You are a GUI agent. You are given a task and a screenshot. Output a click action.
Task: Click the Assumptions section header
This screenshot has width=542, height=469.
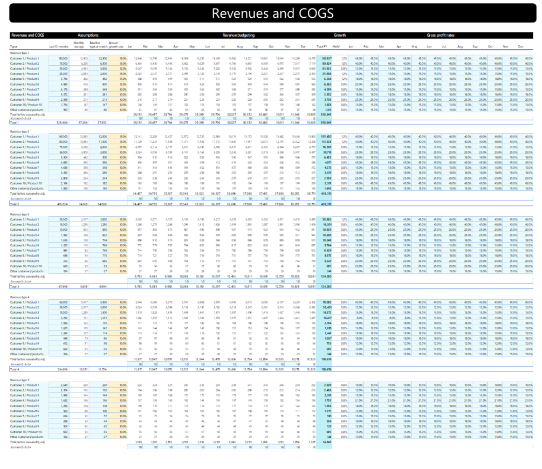[88, 36]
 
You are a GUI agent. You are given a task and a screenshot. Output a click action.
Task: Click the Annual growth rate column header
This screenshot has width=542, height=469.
[113, 45]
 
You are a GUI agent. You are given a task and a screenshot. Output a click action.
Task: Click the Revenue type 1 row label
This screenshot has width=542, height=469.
[20, 52]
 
